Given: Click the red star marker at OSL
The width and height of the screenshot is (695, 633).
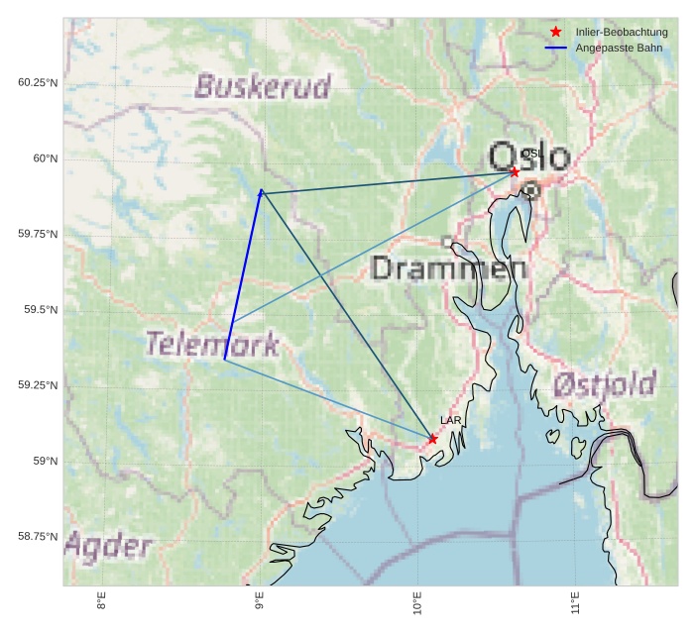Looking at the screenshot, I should click(515, 172).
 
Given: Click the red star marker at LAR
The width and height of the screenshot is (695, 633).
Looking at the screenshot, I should click(433, 439).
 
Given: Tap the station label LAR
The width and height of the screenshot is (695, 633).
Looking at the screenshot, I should click(451, 421).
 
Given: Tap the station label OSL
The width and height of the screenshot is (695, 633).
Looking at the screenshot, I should click(530, 154).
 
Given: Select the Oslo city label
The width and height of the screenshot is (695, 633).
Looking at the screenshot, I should click(530, 158).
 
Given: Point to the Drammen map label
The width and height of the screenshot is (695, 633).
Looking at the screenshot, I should click(448, 267).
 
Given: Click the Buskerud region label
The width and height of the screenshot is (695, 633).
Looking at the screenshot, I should click(263, 87).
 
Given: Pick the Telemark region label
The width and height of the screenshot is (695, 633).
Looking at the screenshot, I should click(212, 344).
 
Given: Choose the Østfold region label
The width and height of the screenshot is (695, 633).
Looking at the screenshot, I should click(605, 383).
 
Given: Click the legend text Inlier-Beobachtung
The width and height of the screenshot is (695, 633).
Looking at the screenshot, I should click(622, 33).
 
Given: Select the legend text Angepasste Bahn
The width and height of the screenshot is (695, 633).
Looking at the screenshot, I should click(620, 49).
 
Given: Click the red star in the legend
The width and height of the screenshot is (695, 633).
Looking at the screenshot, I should click(555, 33).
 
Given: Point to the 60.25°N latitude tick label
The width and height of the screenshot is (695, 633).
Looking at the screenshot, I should click(38, 82).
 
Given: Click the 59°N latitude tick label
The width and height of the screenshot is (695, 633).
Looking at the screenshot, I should click(45, 462).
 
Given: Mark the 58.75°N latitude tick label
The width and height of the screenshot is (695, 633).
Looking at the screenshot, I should click(38, 537).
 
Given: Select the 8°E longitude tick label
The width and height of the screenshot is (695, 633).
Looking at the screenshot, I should click(101, 600).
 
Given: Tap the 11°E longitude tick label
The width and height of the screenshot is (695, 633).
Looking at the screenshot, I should click(575, 600).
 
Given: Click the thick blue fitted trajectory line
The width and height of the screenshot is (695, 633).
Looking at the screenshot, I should click(243, 275).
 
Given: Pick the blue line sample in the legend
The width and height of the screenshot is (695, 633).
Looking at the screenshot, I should click(555, 49).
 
